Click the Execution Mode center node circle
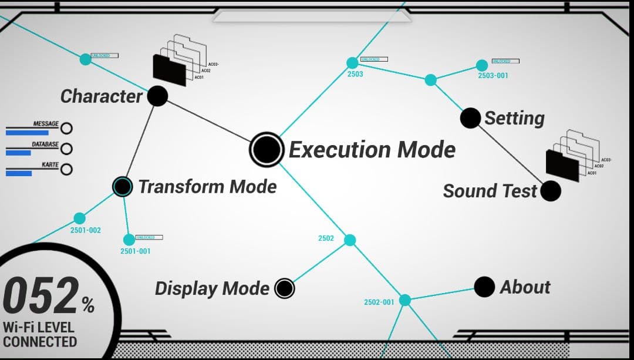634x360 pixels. pos(267,149)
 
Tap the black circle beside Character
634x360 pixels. pos(157,96)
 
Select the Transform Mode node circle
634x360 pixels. pos(122,187)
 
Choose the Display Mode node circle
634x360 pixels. pos(285,288)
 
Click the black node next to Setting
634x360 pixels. pos(470,118)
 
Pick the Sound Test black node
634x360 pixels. pos(550,191)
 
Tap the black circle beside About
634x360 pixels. pos(484,287)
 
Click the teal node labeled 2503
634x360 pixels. pos(352,63)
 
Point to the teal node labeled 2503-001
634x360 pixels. pos(482,65)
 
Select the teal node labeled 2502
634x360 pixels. pos(350,240)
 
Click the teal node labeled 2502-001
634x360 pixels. pos(405,300)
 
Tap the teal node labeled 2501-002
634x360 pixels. pos(80,218)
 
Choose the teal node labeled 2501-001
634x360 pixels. pos(129,240)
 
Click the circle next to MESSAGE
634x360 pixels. pos(67,129)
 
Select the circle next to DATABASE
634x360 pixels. pos(67,149)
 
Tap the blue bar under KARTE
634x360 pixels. pos(19,173)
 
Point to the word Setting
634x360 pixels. pos(514,118)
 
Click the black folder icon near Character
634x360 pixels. pos(169,69)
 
